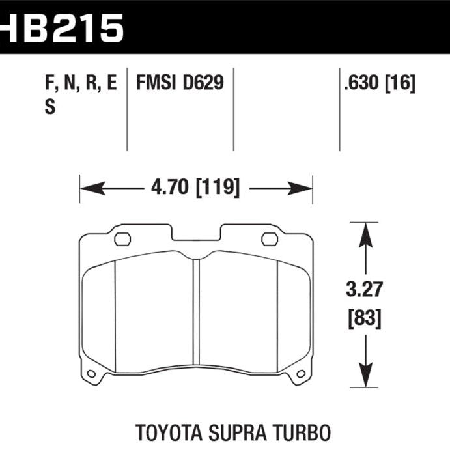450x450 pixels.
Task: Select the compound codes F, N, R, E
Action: [x=81, y=83]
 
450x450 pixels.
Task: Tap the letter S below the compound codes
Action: [x=50, y=108]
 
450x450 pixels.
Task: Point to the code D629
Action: [x=203, y=83]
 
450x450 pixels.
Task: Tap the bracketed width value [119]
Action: [x=216, y=189]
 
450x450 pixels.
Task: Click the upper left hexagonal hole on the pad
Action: [x=122, y=239]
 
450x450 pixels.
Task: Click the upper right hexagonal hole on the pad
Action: [x=270, y=239]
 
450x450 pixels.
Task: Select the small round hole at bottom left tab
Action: [x=91, y=374]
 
